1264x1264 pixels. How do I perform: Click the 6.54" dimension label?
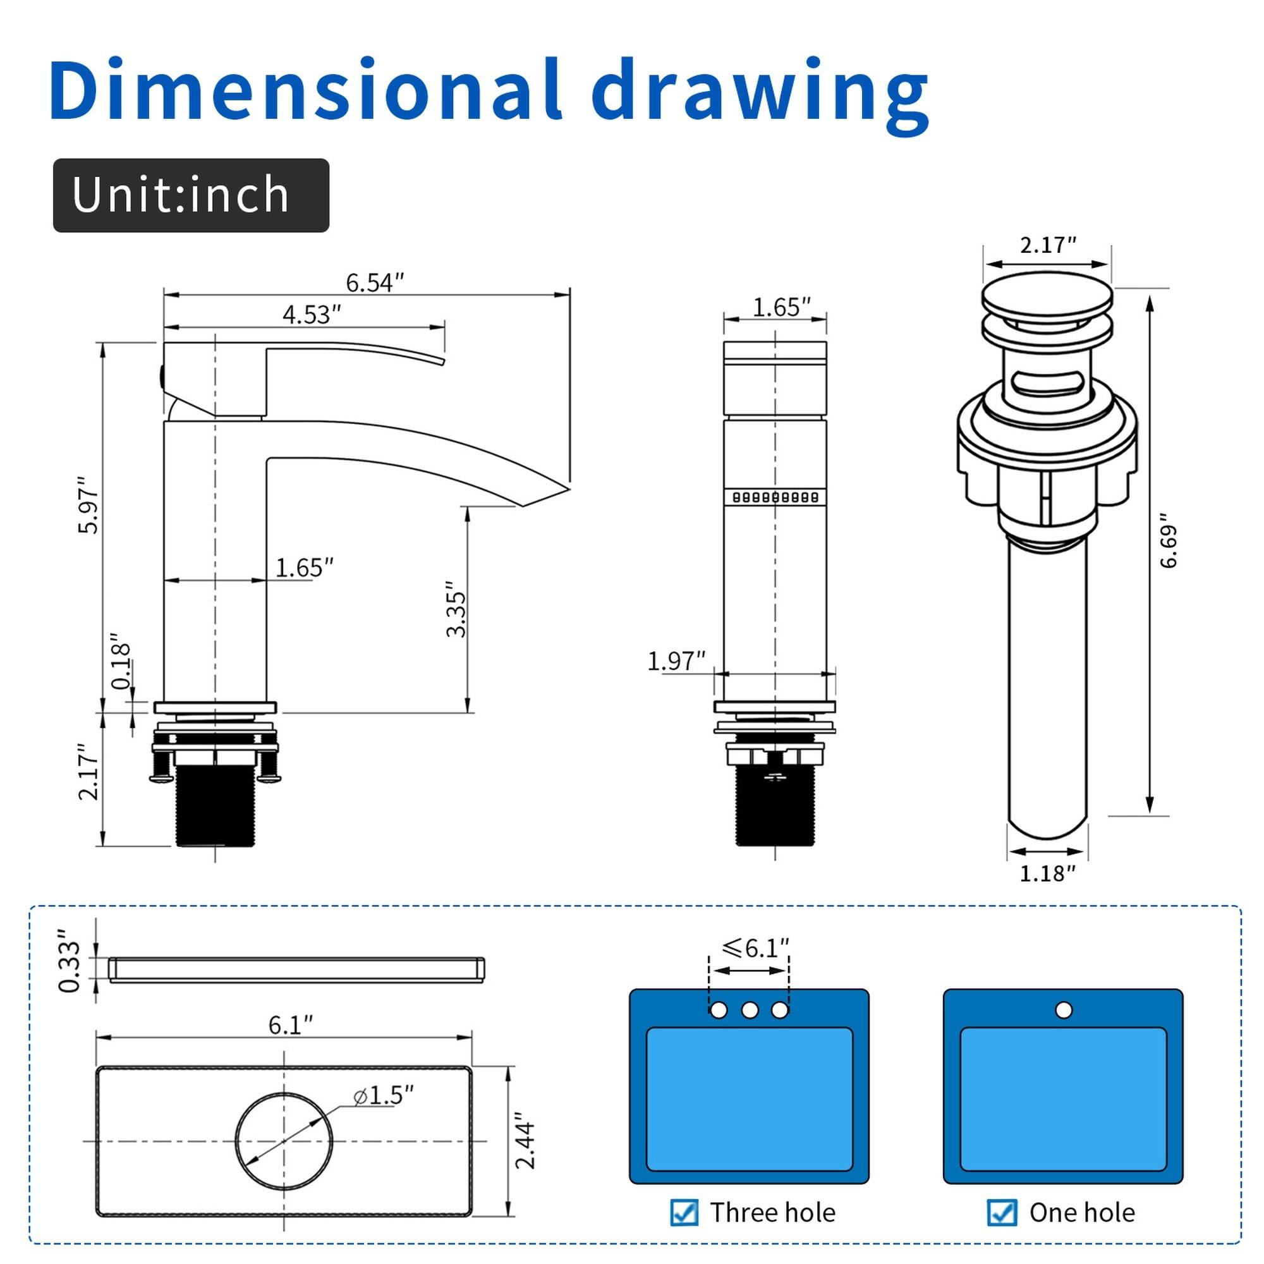tap(374, 283)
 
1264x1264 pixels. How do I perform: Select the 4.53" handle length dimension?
tap(312, 315)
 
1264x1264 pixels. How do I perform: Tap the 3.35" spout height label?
tap(456, 609)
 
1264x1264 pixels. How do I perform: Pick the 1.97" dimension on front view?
tap(676, 661)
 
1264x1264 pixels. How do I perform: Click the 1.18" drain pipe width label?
tap(1047, 873)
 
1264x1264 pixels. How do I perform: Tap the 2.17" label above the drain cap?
tap(1048, 245)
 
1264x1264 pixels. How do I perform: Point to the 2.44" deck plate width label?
tap(525, 1140)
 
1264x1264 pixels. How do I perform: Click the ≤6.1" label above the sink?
tap(755, 947)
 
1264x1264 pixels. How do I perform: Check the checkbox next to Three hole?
tap(684, 1212)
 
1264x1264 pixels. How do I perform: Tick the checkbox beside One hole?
tap(1002, 1212)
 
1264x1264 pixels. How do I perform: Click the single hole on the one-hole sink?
tap(1064, 1010)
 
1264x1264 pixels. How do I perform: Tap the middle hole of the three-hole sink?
tap(750, 1010)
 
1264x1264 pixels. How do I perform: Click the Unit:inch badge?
tap(191, 195)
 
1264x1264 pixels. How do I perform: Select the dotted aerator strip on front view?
tap(775, 497)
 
